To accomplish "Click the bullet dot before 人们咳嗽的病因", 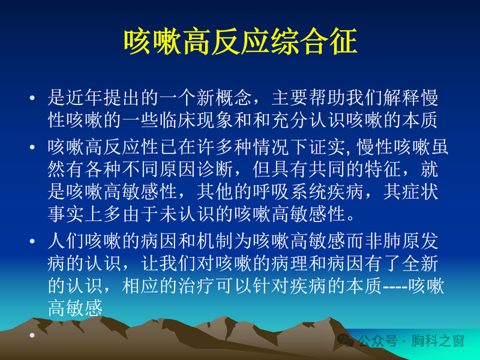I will (x=32, y=242).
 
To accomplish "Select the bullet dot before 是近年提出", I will (x=32, y=98).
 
